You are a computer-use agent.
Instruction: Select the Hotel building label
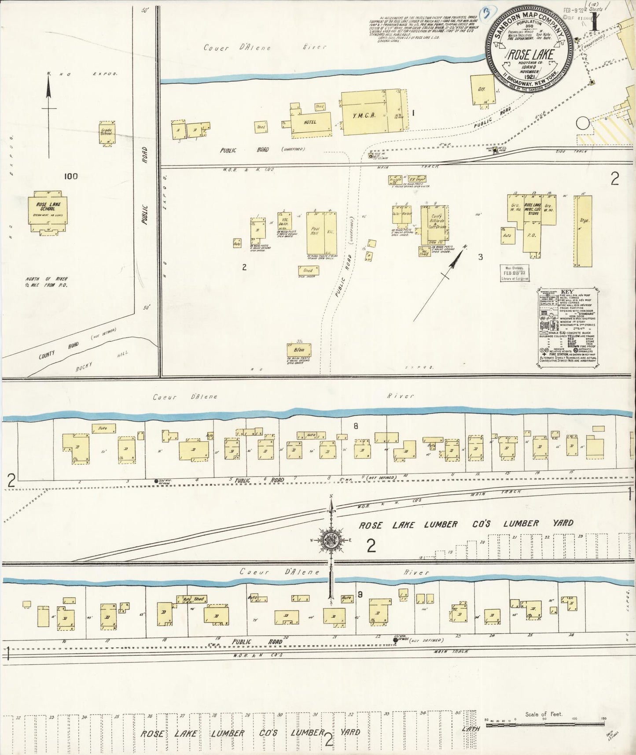(x=310, y=122)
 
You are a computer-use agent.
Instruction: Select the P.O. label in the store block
(x=532, y=236)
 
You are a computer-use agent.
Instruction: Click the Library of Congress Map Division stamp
(x=515, y=274)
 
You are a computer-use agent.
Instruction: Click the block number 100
(x=70, y=176)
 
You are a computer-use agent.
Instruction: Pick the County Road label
(x=59, y=349)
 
